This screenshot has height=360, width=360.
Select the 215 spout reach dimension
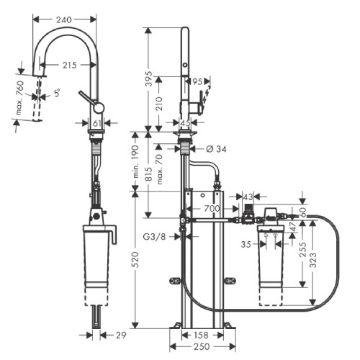(69, 66)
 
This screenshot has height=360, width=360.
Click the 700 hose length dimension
(212, 208)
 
